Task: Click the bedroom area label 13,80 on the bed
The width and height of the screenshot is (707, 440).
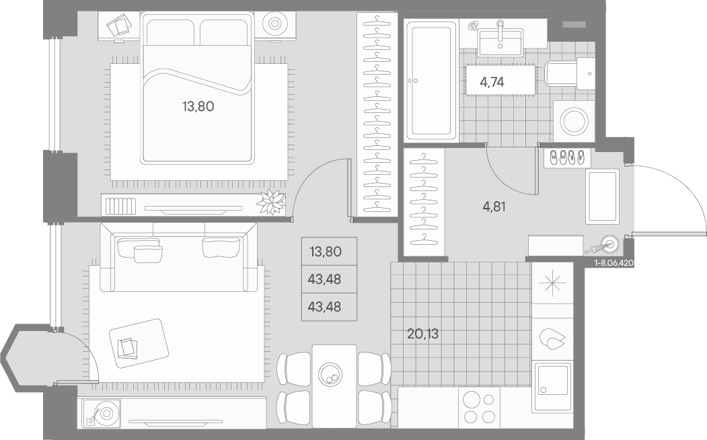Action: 198,107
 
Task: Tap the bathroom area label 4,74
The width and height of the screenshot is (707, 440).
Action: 492,82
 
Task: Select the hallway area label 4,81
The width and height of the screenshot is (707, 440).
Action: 494,207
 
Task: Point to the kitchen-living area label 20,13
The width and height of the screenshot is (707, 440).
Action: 422,334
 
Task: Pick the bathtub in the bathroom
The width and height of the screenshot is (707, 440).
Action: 430,81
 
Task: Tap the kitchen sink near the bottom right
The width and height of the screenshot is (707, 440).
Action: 552,388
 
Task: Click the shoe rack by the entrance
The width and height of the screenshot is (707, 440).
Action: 566,158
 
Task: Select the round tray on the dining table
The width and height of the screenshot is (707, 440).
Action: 330,373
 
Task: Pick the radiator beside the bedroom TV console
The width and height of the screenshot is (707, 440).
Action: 120,206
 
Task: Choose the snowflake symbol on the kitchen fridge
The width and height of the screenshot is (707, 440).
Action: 553,283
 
